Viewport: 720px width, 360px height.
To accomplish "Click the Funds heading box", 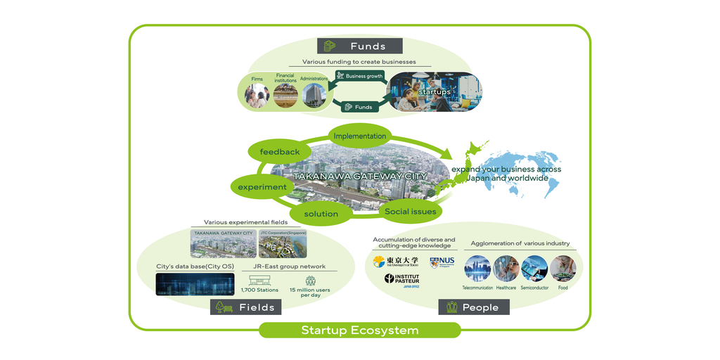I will pos(359,46).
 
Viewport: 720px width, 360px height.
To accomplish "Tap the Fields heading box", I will pos(246,307).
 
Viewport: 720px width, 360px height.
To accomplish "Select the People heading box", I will pos(474,307).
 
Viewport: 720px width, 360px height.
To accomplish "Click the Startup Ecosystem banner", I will pos(359,330).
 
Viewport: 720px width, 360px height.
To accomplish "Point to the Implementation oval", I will pos(359,136).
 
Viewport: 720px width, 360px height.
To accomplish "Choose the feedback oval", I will pos(280,151).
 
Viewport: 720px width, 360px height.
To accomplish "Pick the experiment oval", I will pos(262,187).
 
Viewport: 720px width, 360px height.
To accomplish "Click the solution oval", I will pos(321,213).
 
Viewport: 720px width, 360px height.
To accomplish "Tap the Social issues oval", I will pos(411,211).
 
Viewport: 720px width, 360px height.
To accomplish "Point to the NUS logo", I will pos(442,262).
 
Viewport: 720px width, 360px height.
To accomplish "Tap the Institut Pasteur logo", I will pos(402,280).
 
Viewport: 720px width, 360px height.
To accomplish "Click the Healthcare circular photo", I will pos(506,269).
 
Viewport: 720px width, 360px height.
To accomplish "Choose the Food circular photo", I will pos(562,269).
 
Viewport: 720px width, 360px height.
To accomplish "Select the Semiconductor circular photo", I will pos(534,269).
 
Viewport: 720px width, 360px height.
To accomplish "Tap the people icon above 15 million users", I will pos(310,280).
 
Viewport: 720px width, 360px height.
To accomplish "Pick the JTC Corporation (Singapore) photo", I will pos(283,244).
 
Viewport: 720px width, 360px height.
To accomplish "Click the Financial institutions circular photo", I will pos(285,96).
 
